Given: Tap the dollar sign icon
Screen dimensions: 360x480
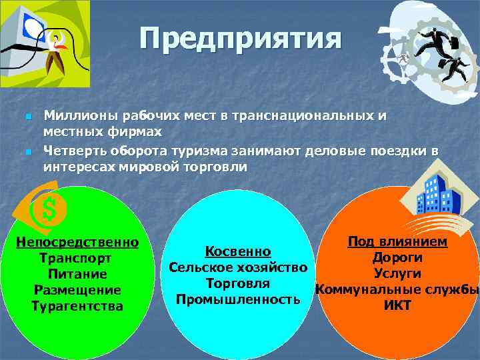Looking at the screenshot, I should pyautogui.click(x=49, y=211).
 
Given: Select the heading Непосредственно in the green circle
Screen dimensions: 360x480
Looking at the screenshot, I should pyautogui.click(x=77, y=241).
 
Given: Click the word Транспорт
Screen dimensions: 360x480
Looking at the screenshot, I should pyautogui.click(x=75, y=258).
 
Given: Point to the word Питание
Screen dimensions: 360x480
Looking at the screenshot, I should pyautogui.click(x=77, y=274).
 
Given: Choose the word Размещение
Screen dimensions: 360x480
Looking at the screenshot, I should pyautogui.click(x=77, y=290).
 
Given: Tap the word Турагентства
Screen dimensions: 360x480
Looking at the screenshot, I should pyautogui.click(x=77, y=306).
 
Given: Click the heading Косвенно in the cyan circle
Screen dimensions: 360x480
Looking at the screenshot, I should pyautogui.click(x=238, y=251).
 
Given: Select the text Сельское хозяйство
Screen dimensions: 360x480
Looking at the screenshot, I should pyautogui.click(x=238, y=268).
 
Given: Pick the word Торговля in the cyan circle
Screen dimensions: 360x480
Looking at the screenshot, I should pyautogui.click(x=238, y=283).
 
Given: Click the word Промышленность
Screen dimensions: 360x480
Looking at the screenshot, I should pyautogui.click(x=238, y=299).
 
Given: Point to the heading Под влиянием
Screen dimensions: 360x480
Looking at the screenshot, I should pyautogui.click(x=397, y=241).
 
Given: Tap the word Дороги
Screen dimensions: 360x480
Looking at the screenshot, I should pyautogui.click(x=397, y=258).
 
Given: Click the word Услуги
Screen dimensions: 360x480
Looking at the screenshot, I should pyautogui.click(x=397, y=274).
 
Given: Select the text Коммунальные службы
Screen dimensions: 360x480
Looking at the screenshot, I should pyautogui.click(x=397, y=290).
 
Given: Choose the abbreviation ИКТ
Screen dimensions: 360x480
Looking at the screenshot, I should pyautogui.click(x=397, y=306).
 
